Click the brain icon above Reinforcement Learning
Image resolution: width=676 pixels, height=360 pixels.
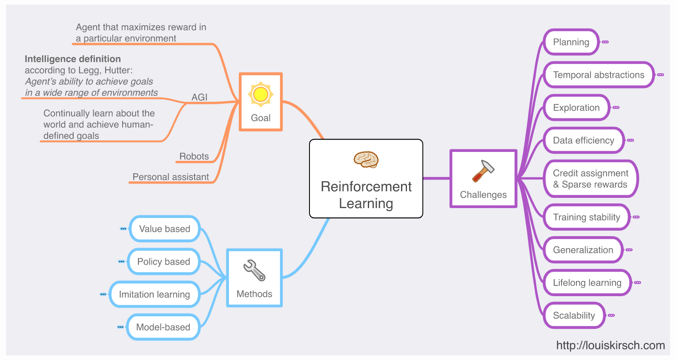366,160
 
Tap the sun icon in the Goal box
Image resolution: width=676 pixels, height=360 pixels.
261,94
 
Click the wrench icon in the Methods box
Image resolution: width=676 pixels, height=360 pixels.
254,270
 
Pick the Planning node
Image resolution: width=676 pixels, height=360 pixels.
571,42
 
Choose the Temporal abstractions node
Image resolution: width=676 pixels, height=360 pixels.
599,75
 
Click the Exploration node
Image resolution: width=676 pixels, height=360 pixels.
576,108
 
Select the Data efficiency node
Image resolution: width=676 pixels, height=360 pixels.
583,140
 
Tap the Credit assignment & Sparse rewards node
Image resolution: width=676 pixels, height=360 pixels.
590,179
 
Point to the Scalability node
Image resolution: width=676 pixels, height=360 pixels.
574,315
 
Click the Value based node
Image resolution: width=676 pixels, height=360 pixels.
165,229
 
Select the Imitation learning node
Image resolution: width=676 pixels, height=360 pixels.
155,294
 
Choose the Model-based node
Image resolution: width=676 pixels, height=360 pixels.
163,327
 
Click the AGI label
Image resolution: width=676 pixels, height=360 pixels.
199,97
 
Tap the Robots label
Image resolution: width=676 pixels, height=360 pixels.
194,156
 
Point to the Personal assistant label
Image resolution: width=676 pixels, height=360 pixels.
170,177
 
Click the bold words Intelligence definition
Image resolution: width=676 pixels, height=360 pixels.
73,59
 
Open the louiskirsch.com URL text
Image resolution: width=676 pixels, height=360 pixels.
610,345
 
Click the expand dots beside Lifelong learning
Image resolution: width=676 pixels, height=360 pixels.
638,283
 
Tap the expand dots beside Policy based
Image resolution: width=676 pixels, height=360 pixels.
121,262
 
